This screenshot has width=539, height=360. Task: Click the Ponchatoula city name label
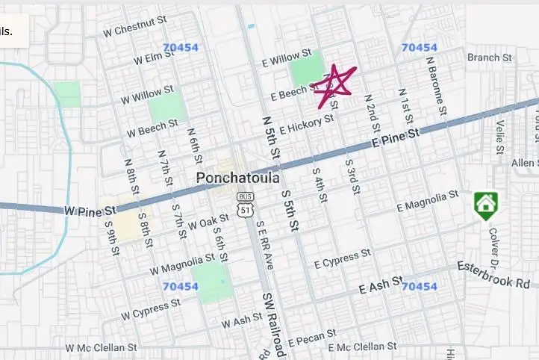pyautogui.click(x=238, y=179)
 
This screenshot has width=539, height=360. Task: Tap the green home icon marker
pyautogui.click(x=485, y=203)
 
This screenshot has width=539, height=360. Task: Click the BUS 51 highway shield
pyautogui.click(x=244, y=204)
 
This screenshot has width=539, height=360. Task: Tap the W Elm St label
pyautogui.click(x=154, y=58)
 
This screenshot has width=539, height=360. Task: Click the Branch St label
pyautogui.click(x=490, y=58)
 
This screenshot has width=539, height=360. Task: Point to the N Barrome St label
pyautogui.click(x=437, y=90)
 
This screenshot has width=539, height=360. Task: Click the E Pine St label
pyautogui.click(x=396, y=137)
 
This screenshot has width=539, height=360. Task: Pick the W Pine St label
pyautogui.click(x=90, y=212)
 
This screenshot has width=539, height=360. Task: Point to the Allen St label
pyautogui.click(x=524, y=163)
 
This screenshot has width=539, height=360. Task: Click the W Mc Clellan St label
pyautogui.click(x=101, y=347)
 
